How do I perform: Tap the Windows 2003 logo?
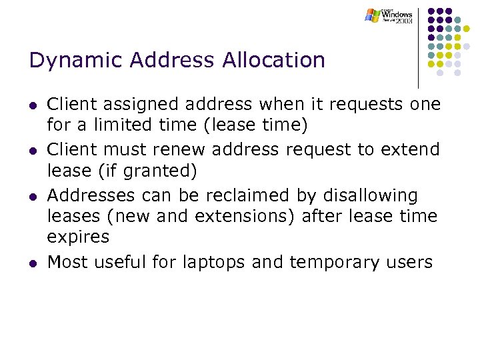click(389, 16)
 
